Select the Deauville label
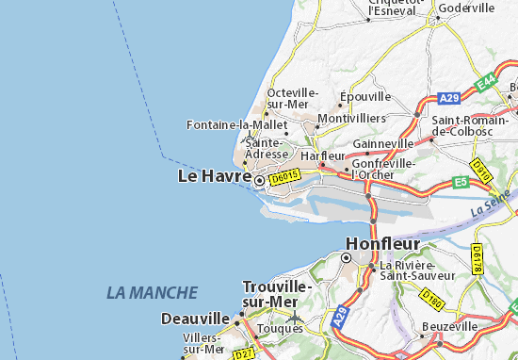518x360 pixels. click(x=196, y=319)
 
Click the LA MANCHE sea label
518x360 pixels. click(x=152, y=293)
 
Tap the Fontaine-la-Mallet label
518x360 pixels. click(x=236, y=124)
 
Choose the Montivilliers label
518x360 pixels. click(x=352, y=119)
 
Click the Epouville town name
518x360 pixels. click(x=365, y=97)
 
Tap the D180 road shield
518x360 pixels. click(x=431, y=299)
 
